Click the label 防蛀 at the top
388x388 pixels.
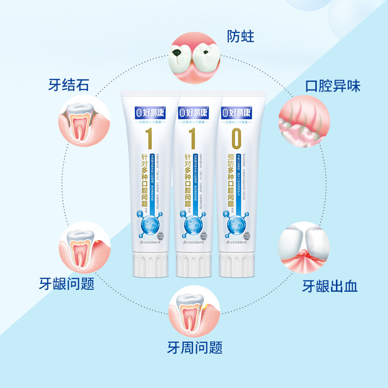click(x=241, y=36)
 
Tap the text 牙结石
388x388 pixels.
click(x=69, y=85)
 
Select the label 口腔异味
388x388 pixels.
click(x=333, y=86)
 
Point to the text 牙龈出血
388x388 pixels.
click(x=330, y=286)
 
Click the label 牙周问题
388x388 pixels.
click(x=194, y=348)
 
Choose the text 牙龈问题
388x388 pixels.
click(x=67, y=284)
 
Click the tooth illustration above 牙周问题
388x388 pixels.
click(x=195, y=313)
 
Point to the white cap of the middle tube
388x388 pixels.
click(x=196, y=266)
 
